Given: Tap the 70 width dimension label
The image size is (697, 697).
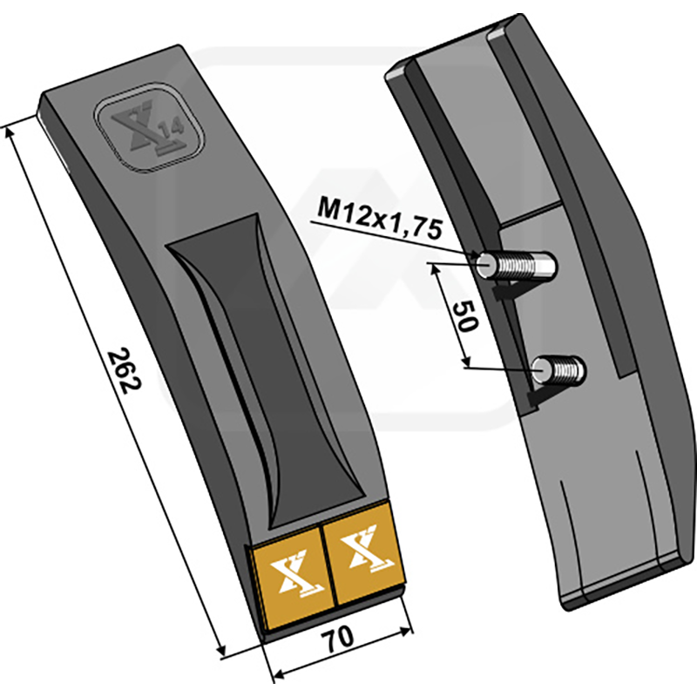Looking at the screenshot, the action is click(x=339, y=639).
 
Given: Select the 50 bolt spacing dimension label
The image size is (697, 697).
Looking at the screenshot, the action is click(x=465, y=316).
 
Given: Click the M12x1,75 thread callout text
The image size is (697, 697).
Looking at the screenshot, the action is click(x=379, y=219).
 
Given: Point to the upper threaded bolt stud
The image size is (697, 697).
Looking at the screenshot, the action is click(x=516, y=266).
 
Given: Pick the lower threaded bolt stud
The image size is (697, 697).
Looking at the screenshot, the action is click(x=558, y=369).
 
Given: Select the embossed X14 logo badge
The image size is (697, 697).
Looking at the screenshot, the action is click(x=149, y=126).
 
